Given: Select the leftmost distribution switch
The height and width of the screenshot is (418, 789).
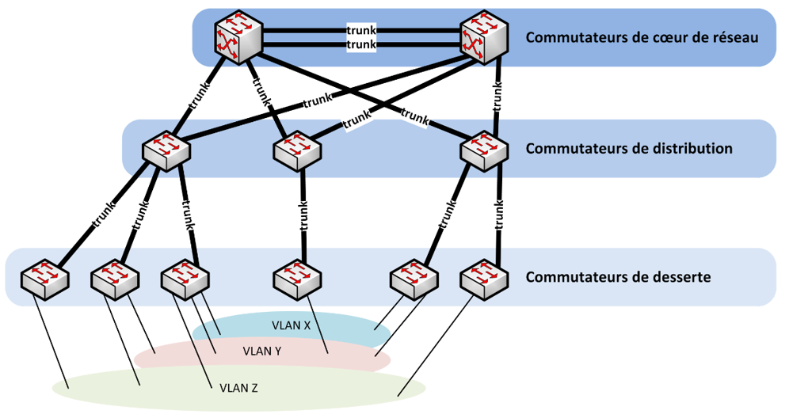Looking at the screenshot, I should [166, 150].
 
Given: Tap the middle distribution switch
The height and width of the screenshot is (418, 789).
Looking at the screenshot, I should [297, 150].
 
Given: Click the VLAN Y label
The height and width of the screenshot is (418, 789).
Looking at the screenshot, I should [262, 351].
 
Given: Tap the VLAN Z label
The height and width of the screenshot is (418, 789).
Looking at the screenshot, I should [237, 388].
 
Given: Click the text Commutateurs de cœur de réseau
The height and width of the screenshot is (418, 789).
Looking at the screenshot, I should [642, 37].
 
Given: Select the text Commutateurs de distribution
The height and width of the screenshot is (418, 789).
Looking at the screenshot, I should [629, 148].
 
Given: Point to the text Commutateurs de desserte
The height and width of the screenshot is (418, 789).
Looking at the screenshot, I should [618, 277].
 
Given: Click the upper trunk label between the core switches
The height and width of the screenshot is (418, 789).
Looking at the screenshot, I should [361, 30].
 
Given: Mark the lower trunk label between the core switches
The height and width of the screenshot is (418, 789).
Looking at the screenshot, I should [361, 45].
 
